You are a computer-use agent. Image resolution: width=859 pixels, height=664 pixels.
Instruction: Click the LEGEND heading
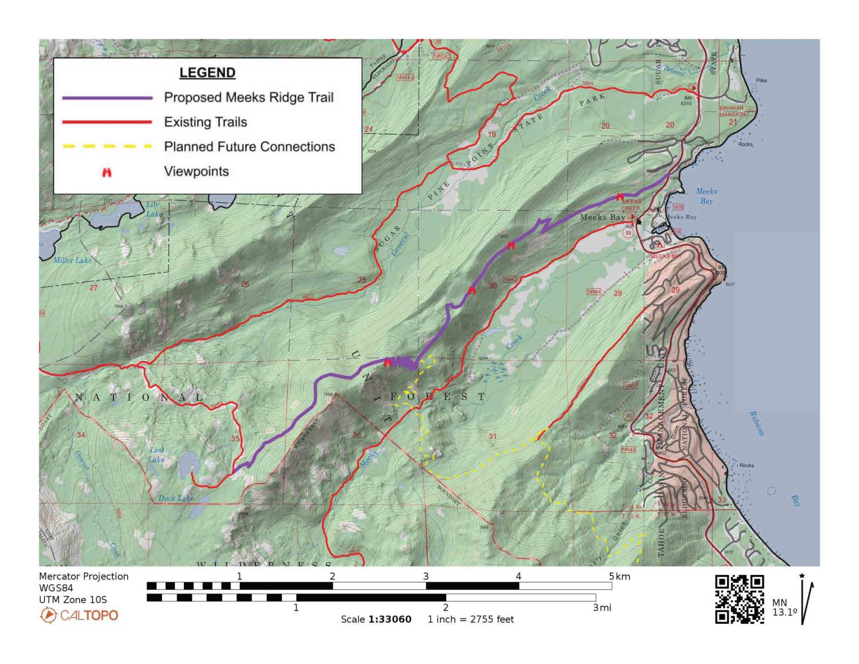click(x=207, y=73)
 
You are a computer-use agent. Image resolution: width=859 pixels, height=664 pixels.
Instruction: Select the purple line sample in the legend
click(x=107, y=97)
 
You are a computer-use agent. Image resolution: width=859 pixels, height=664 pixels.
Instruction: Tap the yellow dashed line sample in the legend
click(x=107, y=147)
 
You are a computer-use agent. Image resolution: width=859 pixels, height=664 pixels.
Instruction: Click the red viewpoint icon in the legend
click(x=107, y=172)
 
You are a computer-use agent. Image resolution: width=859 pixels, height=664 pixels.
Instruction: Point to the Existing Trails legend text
click(x=205, y=122)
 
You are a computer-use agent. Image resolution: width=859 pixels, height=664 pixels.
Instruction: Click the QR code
click(x=739, y=599)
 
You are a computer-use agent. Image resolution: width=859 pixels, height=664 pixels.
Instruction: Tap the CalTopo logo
click(x=79, y=615)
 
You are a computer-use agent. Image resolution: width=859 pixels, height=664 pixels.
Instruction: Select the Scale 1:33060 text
click(x=376, y=619)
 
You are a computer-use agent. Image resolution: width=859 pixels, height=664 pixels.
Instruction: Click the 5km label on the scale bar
click(x=619, y=576)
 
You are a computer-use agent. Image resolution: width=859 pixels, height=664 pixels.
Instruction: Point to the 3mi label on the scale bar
click(x=602, y=608)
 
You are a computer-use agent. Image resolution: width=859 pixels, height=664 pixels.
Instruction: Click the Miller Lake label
click(x=72, y=260)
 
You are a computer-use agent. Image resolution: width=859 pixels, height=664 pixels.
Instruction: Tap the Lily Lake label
click(x=154, y=209)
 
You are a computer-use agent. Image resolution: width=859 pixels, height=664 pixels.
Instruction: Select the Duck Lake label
click(x=176, y=498)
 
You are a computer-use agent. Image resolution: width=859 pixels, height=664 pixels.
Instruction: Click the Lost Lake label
click(x=157, y=455)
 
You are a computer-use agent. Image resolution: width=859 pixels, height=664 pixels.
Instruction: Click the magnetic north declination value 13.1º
click(x=784, y=612)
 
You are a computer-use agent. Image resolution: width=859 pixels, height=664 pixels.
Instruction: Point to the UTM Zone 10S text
click(x=73, y=600)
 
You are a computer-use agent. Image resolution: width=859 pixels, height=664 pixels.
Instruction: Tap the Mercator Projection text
click(x=83, y=576)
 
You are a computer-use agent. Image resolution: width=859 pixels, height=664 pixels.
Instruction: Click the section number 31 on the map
click(x=492, y=436)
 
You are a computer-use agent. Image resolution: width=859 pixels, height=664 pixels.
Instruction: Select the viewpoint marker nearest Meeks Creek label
click(x=620, y=197)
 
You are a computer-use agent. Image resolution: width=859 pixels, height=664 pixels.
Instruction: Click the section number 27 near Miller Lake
click(x=93, y=288)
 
